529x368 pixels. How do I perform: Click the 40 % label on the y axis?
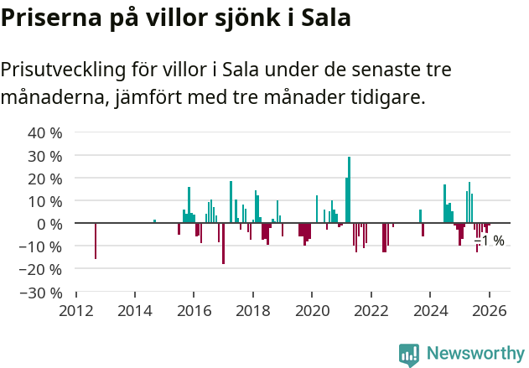coord(45,132)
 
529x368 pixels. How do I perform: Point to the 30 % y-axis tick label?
coord(45,155)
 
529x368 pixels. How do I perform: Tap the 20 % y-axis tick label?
coord(45,179)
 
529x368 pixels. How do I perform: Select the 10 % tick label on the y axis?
coord(45,201)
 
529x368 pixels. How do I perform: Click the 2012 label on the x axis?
coord(76,310)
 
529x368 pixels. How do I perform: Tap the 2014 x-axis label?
coord(135,310)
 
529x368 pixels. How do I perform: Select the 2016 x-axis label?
coord(194,310)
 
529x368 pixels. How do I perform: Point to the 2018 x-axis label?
coord(252,310)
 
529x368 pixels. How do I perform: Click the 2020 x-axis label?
coord(312,310)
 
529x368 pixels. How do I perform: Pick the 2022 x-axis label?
coord(371,310)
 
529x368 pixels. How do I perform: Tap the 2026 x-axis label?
coord(488,310)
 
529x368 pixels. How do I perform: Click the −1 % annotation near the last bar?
coord(490,241)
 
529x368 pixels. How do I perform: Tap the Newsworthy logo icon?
coord(409,355)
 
